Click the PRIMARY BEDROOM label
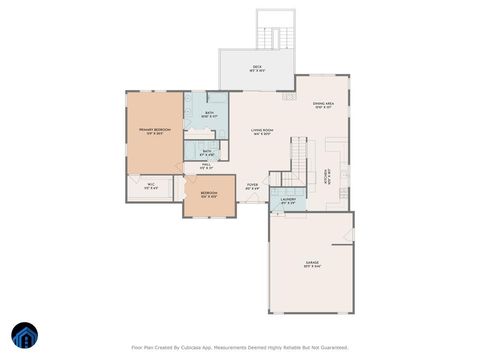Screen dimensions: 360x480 coord(153,130)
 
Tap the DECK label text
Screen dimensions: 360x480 coord(257,67)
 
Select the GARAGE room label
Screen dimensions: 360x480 coord(313,263)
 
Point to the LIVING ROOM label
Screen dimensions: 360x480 coord(263,131)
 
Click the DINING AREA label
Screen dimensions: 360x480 coord(323,104)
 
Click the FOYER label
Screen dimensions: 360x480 coord(253,185)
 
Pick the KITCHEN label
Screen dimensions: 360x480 coord(327,176)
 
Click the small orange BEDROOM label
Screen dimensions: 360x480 coord(209,193)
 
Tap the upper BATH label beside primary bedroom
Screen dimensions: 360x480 coord(209,114)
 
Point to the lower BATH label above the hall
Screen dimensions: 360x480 coord(206,152)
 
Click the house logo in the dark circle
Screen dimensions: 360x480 coord(23,335)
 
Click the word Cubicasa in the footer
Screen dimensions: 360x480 coord(200,349)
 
